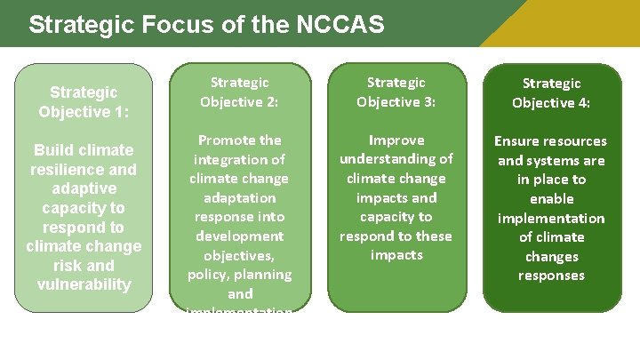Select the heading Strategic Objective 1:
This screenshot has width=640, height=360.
pyautogui.click(x=84, y=101)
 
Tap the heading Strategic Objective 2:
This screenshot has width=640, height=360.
pyautogui.click(x=239, y=92)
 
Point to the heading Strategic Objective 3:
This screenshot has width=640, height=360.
pyautogui.click(x=396, y=92)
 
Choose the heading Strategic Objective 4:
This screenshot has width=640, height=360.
pyautogui.click(x=551, y=92)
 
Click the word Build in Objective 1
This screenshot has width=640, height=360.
pyautogui.click(x=52, y=150)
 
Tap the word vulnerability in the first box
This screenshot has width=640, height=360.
pyautogui.click(x=84, y=284)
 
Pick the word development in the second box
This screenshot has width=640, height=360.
pyautogui.click(x=239, y=236)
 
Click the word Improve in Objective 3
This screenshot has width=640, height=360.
pyautogui.click(x=396, y=140)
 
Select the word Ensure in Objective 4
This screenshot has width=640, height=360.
pyautogui.click(x=519, y=141)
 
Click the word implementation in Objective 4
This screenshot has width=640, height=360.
pyautogui.click(x=551, y=218)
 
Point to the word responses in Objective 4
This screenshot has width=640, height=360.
pyautogui.click(x=551, y=276)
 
